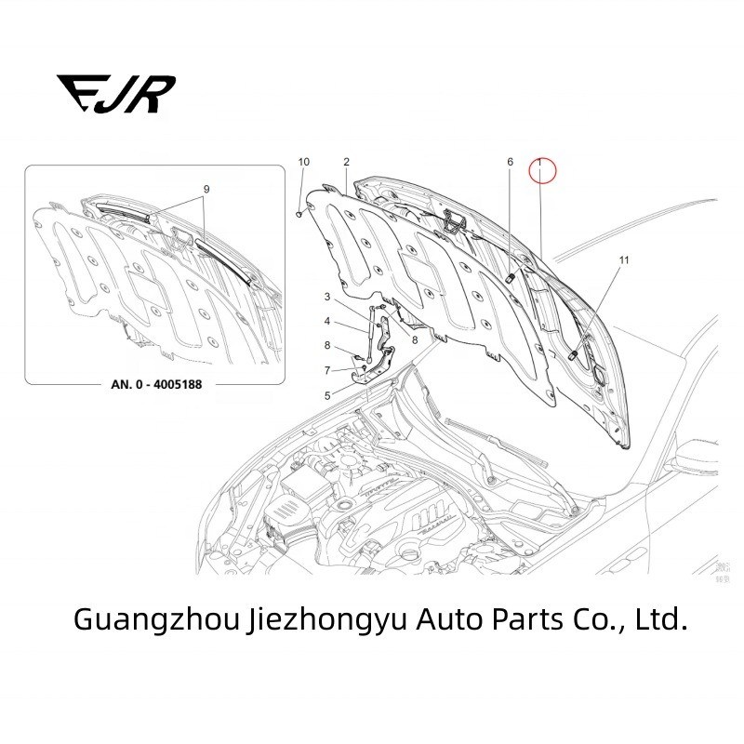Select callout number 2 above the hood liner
(346, 162)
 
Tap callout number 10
(303, 162)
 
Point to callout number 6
(510, 162)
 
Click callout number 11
(623, 260)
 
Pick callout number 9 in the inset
(206, 190)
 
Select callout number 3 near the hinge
(326, 297)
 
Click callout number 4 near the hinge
(326, 322)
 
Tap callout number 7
(326, 370)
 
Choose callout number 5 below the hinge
(326, 395)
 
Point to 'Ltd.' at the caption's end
(661, 619)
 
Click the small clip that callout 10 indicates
(299, 213)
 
